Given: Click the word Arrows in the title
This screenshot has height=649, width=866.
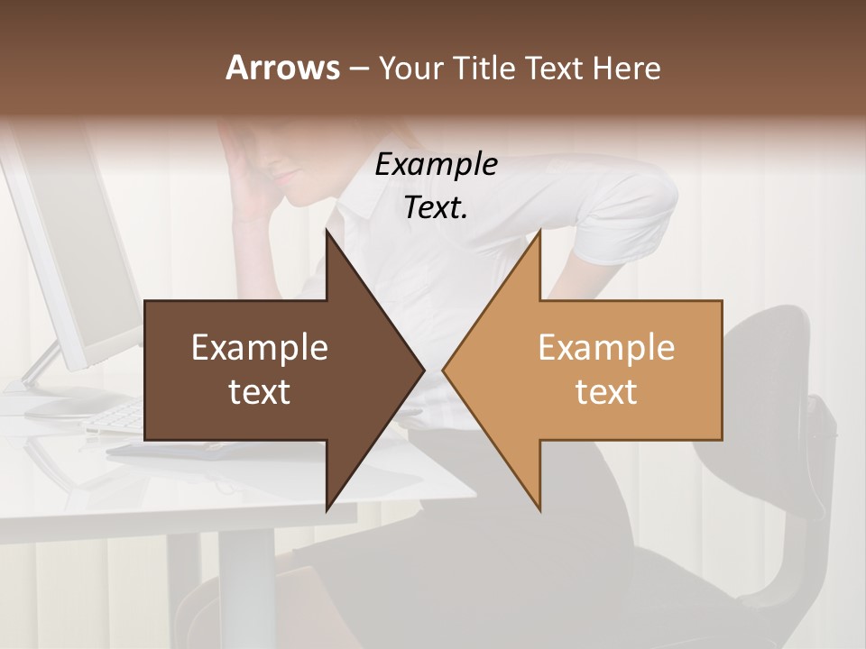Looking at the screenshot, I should point(282,68).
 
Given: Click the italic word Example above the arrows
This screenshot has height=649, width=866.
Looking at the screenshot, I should point(436,164).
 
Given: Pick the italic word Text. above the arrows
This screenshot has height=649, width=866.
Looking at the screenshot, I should point(436,207).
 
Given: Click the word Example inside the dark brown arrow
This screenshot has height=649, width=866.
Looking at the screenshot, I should point(259,348).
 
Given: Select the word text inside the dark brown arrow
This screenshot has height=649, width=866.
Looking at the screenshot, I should point(259,391).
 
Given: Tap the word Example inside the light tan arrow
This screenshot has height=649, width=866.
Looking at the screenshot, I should point(606,348).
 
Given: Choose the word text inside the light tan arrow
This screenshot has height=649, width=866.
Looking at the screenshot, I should point(606,391).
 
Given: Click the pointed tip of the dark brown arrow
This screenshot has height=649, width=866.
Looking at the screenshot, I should point(422,370).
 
